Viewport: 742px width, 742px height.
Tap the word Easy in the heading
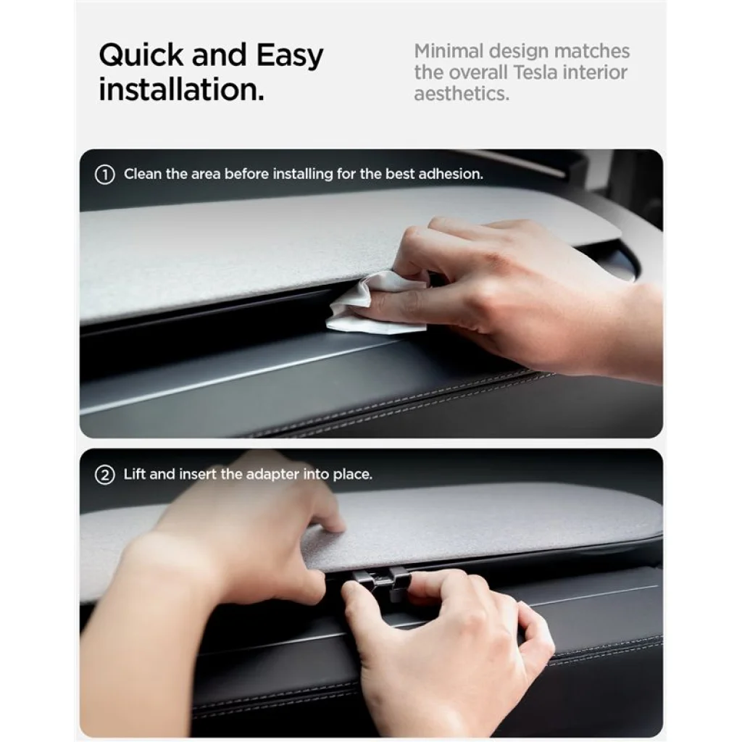coord(290,56)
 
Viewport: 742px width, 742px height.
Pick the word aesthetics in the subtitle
coord(462,93)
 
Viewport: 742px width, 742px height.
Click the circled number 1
coord(104,175)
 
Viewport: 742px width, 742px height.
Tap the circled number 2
coord(104,475)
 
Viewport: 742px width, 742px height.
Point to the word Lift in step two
coord(134,474)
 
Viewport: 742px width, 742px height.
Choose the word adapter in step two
coord(272,475)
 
